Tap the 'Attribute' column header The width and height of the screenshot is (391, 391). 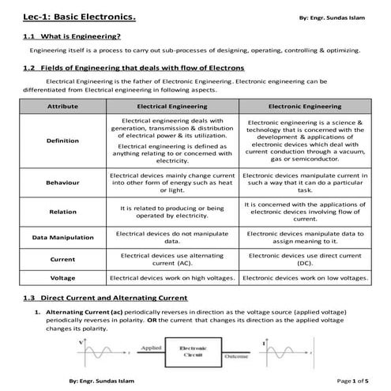coord(62,105)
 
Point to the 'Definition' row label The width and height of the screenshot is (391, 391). coord(62,141)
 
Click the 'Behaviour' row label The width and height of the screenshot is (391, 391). coord(62,182)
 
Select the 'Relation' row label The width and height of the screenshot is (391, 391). coord(62,212)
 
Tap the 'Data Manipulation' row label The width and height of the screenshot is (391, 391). coord(62,237)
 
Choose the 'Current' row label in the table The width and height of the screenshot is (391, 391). coord(62,259)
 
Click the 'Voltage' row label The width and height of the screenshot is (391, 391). coord(62,278)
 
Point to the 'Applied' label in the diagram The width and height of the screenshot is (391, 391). coord(150,348)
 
